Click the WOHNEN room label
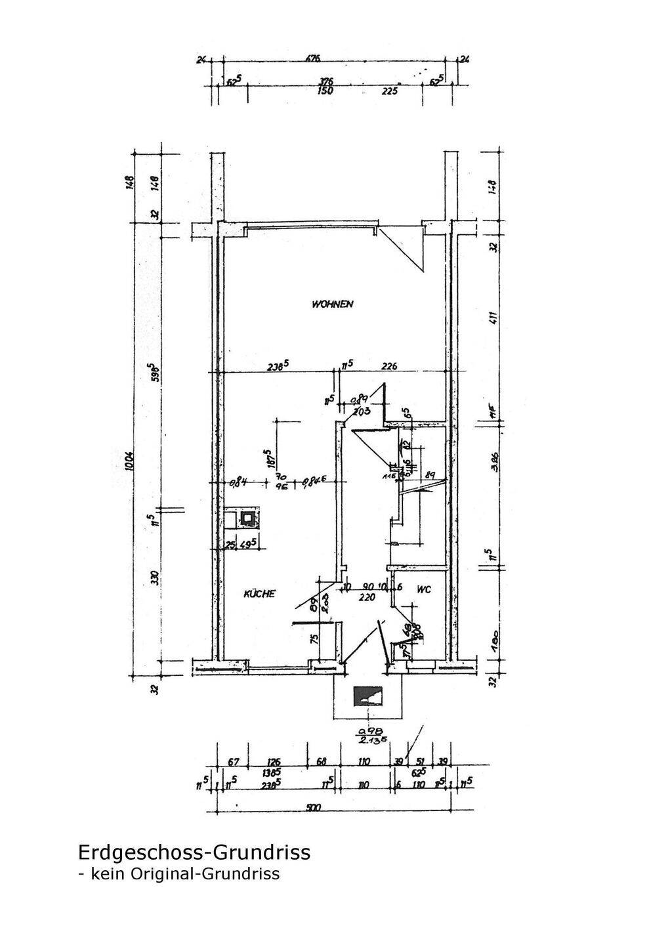(x=333, y=304)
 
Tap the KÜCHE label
(x=260, y=593)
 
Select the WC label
(x=423, y=589)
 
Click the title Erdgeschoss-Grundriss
(x=194, y=852)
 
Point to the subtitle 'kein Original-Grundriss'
(x=183, y=873)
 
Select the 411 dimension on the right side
(x=494, y=318)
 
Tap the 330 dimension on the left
(x=155, y=577)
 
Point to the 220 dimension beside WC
(x=366, y=597)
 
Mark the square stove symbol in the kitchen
(x=248, y=518)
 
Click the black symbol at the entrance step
(x=367, y=696)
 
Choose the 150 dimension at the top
(x=325, y=91)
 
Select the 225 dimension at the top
(x=390, y=91)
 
